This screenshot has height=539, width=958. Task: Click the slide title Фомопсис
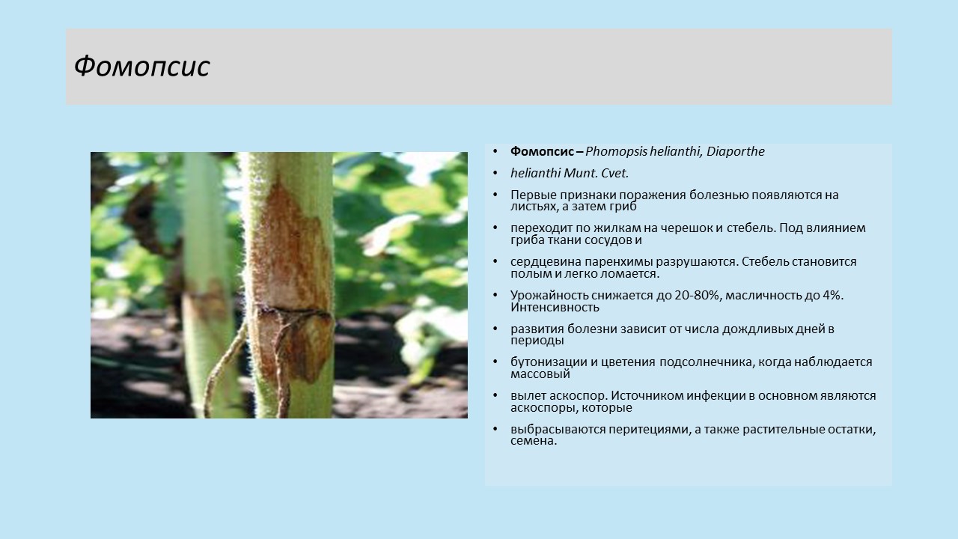click(x=141, y=67)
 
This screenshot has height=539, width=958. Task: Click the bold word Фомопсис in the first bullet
click(x=542, y=151)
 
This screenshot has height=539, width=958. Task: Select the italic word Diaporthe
click(x=735, y=151)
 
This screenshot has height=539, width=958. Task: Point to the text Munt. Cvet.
click(x=597, y=173)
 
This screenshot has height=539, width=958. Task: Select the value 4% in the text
click(x=832, y=295)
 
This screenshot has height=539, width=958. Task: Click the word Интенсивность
click(x=555, y=307)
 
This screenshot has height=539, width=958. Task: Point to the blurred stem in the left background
click(x=206, y=282)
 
